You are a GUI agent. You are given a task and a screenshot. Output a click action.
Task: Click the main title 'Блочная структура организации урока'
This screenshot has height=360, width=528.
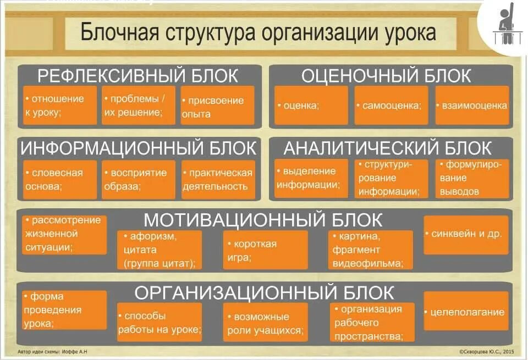(258, 32)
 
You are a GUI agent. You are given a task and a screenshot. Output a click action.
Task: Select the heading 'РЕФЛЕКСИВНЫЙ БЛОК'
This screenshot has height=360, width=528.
(138, 76)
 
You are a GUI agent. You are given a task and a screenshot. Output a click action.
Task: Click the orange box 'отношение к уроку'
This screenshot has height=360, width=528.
(59, 106)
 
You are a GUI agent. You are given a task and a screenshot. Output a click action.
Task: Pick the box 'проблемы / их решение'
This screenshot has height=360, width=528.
(138, 106)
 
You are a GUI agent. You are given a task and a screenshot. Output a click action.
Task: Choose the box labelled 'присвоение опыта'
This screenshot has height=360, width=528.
(217, 106)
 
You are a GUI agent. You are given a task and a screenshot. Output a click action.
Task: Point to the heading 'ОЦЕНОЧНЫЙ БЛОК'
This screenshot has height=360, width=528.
(386, 76)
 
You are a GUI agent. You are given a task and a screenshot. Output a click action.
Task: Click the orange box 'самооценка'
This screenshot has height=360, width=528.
(391, 106)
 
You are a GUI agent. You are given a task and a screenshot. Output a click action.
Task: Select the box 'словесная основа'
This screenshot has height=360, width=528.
(59, 180)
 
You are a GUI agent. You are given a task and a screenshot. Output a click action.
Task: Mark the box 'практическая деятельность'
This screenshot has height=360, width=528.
(218, 180)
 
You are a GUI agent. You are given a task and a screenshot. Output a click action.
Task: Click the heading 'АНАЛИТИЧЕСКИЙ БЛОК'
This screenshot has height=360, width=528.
(387, 148)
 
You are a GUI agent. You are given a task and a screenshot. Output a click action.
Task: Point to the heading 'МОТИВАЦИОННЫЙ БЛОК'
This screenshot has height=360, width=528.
(263, 220)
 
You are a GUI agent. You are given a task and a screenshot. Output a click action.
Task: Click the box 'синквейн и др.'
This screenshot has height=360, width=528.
(465, 234)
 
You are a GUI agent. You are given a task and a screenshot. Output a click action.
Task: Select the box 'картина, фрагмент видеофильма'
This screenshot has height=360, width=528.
(370, 250)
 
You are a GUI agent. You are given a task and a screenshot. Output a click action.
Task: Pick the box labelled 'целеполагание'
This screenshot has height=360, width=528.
(465, 312)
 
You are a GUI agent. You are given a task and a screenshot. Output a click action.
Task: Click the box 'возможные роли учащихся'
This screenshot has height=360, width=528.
(265, 323)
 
